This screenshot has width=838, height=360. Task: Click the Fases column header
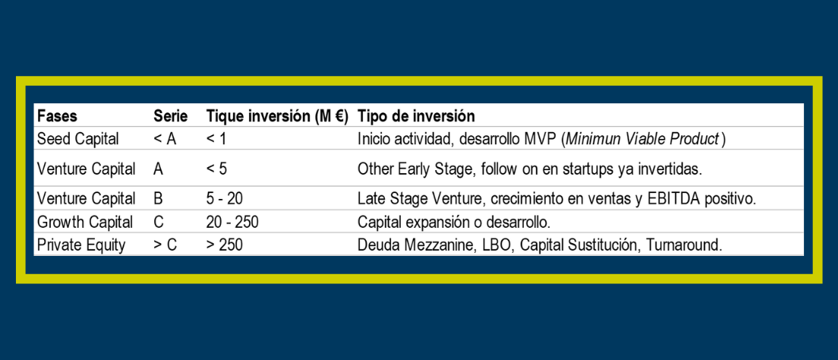(57, 116)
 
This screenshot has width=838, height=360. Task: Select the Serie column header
(171, 116)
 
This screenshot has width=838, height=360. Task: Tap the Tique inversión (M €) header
(277, 116)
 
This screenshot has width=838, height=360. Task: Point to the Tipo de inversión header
(416, 116)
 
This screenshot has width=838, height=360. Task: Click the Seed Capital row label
(78, 139)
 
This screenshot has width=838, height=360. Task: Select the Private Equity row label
(81, 245)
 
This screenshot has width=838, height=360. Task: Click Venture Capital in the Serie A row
(86, 169)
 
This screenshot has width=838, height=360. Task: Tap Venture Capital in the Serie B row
(86, 199)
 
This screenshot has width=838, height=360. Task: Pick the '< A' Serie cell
(165, 139)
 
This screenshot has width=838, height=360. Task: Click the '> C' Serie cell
(165, 245)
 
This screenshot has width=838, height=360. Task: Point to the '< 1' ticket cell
(216, 139)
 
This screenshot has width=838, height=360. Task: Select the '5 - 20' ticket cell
(225, 199)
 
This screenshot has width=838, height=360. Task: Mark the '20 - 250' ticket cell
(232, 222)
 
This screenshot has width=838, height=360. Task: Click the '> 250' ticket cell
(225, 245)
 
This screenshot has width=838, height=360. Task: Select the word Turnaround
(684, 245)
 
